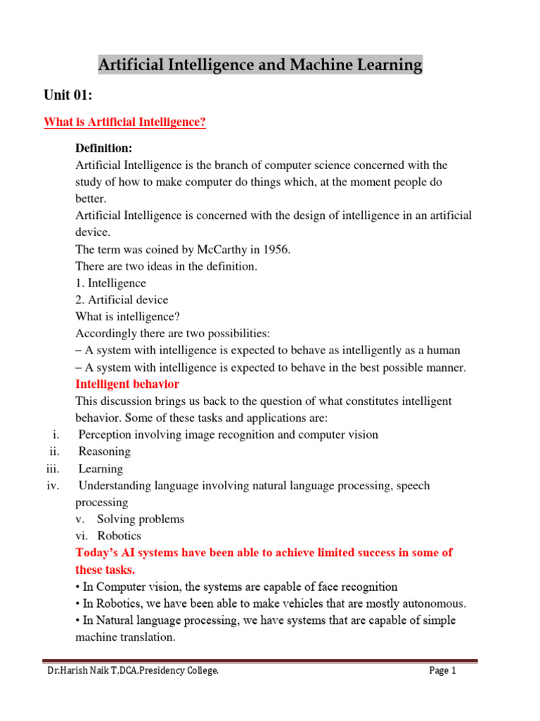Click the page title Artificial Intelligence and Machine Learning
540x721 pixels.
[x=260, y=65]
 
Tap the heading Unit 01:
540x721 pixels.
[x=68, y=96]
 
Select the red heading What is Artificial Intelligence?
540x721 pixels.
[x=124, y=123]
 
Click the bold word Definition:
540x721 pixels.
[x=103, y=149]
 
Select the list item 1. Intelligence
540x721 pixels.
[x=110, y=283]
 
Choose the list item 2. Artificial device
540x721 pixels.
[x=122, y=300]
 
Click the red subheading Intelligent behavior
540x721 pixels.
[x=127, y=384]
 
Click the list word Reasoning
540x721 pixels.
[x=104, y=452]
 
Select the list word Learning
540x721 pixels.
[x=101, y=469]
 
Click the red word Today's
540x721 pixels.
[x=97, y=553]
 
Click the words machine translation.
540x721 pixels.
[x=125, y=637]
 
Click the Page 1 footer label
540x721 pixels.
[x=443, y=671]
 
